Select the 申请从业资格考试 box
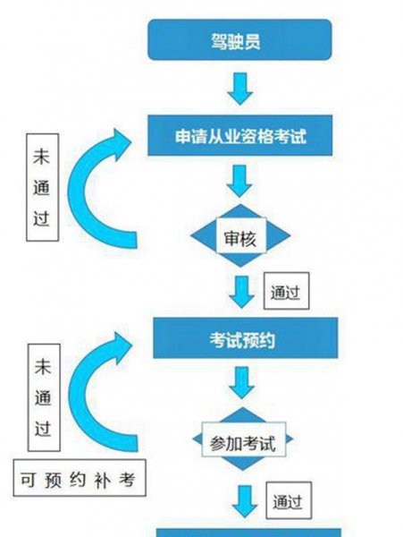(x=241, y=138)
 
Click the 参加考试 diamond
(x=242, y=440)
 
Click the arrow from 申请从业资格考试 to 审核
(x=239, y=184)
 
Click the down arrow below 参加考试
(x=242, y=499)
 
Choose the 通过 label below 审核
(x=285, y=291)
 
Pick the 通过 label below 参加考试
(x=288, y=500)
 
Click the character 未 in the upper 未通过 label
(x=40, y=155)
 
